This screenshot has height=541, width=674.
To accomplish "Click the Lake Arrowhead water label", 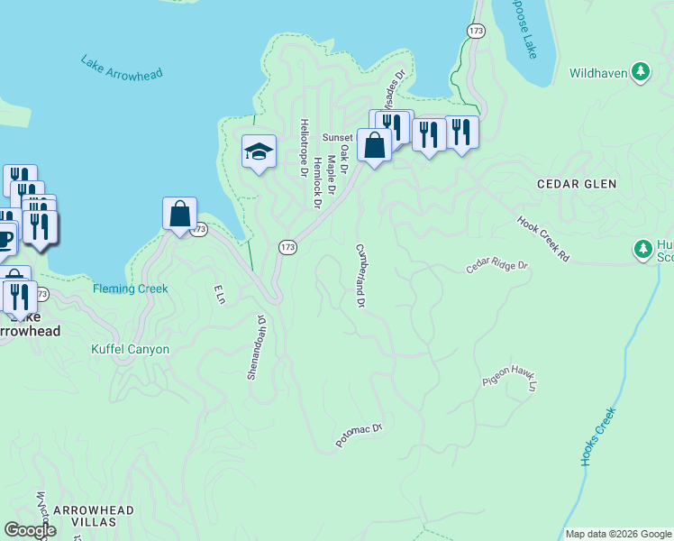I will (x=121, y=69).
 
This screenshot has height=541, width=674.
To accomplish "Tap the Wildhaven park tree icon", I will (x=641, y=70).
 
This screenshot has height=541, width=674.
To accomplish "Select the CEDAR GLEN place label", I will (x=577, y=184).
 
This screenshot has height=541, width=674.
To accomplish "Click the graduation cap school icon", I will (x=259, y=151).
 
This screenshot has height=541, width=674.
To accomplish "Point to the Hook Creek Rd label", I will (x=543, y=239).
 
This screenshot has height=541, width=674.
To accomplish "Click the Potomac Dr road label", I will (x=360, y=436).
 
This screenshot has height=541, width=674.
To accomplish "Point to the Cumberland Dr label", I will (x=359, y=276).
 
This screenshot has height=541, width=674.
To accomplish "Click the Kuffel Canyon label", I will (x=130, y=349).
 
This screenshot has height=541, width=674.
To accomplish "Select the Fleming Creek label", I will (x=130, y=289).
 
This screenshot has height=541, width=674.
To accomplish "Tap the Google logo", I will (x=30, y=530).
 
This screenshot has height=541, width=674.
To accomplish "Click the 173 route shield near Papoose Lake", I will (x=476, y=31).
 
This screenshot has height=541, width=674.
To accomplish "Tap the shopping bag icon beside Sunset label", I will (x=373, y=145).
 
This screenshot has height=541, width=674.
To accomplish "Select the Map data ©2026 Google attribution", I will (x=617, y=534).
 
